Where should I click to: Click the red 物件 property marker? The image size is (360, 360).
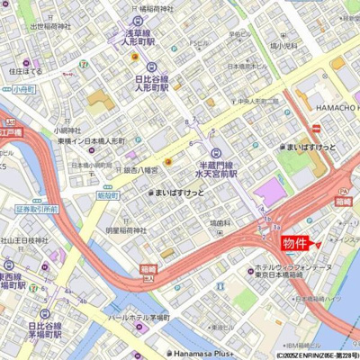tap(295, 243)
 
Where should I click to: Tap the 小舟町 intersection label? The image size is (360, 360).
tap(23, 90)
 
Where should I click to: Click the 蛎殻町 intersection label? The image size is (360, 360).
tap(107, 195)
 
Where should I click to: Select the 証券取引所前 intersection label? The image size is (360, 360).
tap(36, 209)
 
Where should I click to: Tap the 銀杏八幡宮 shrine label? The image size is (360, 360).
tap(140, 169)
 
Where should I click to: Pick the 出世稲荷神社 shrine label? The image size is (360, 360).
tap(49, 27)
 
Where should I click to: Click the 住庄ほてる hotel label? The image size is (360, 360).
tap(25, 70)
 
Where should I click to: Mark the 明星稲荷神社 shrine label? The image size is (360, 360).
tap(126, 230)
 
